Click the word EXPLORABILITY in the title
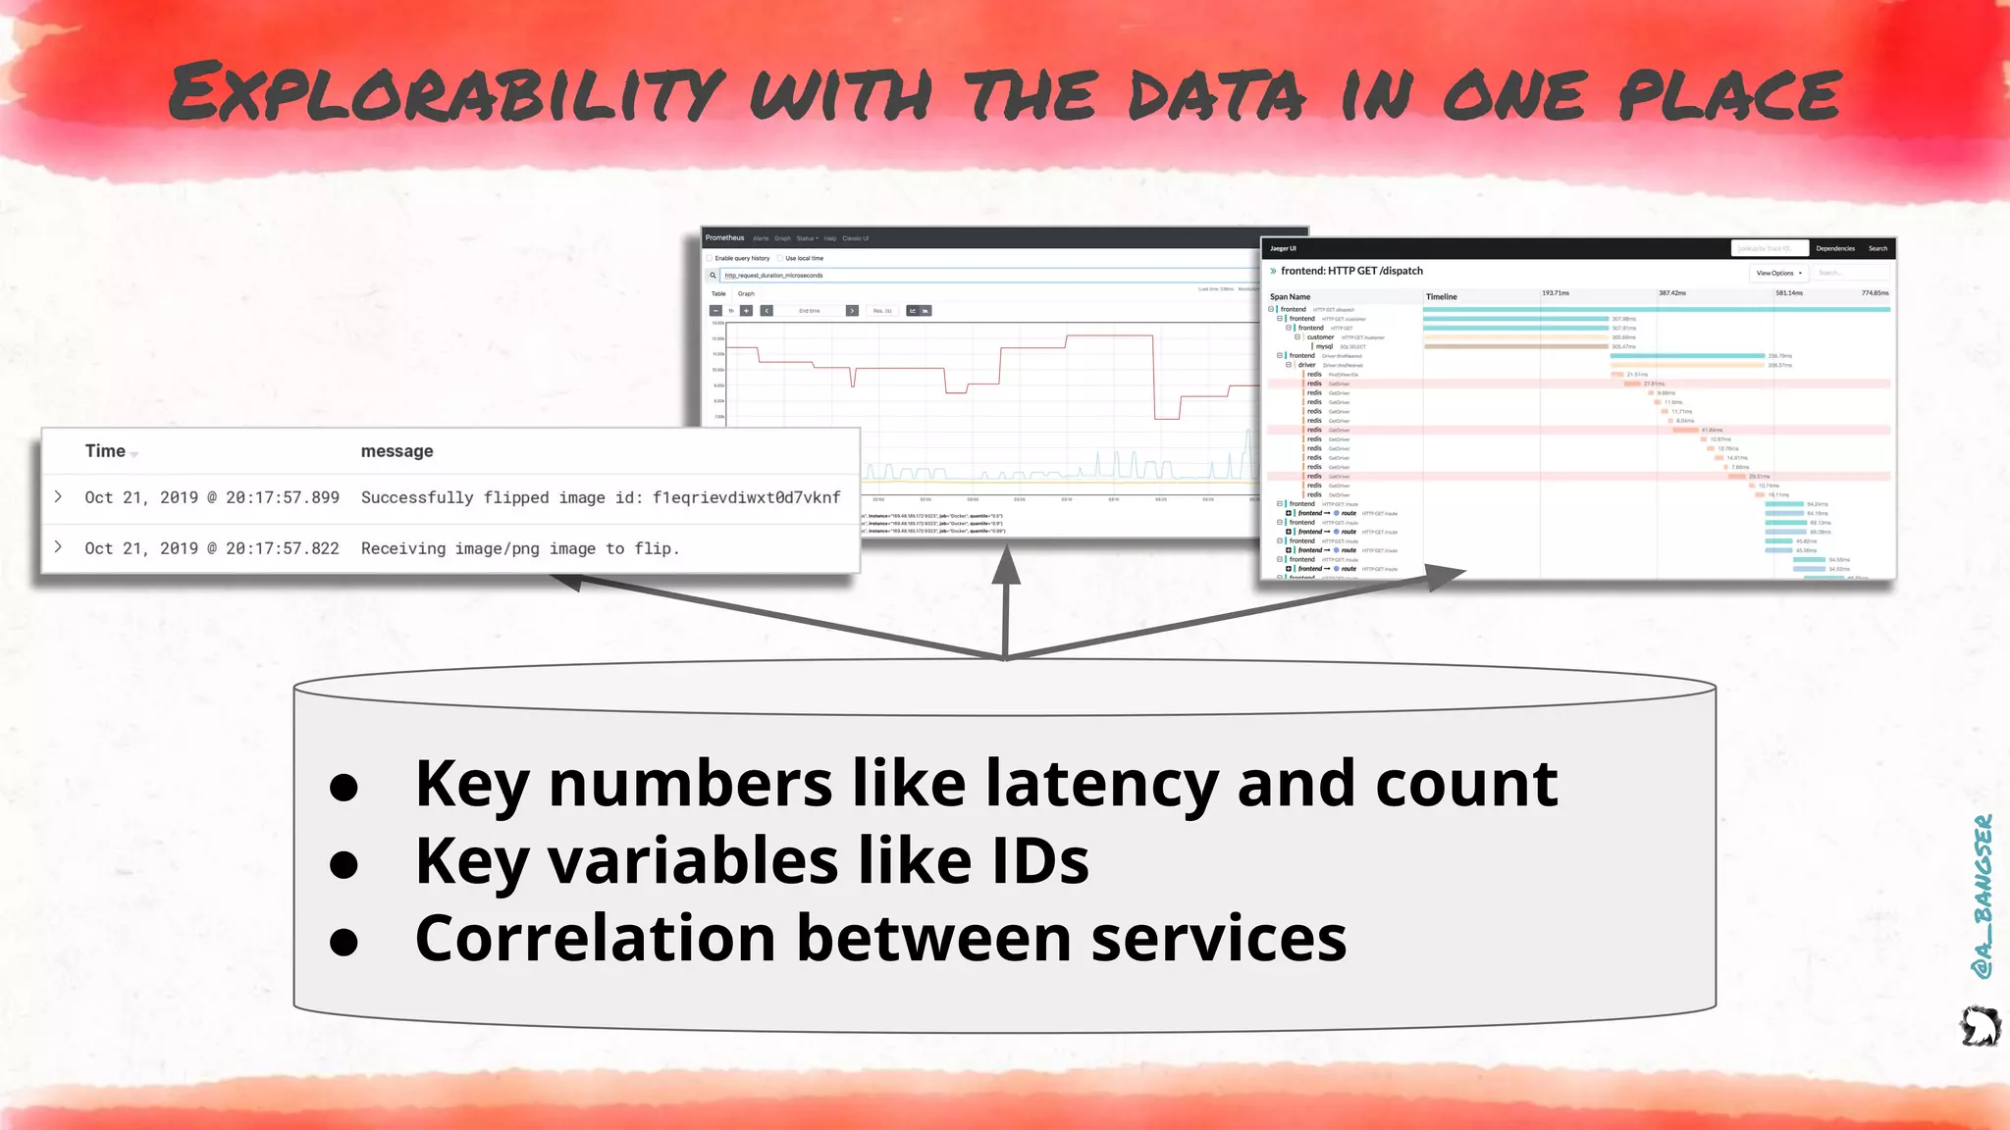(447, 93)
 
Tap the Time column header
(105, 451)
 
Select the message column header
(397, 451)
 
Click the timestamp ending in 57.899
(212, 498)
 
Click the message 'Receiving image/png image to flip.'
(520, 549)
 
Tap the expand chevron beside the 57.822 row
(59, 547)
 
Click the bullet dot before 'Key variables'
(344, 864)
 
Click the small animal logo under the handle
(1980, 1027)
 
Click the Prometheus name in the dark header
(724, 238)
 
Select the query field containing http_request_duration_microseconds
(981, 276)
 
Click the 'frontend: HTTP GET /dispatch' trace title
(1351, 272)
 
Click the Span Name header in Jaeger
(1290, 297)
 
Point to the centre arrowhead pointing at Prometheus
(1006, 567)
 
